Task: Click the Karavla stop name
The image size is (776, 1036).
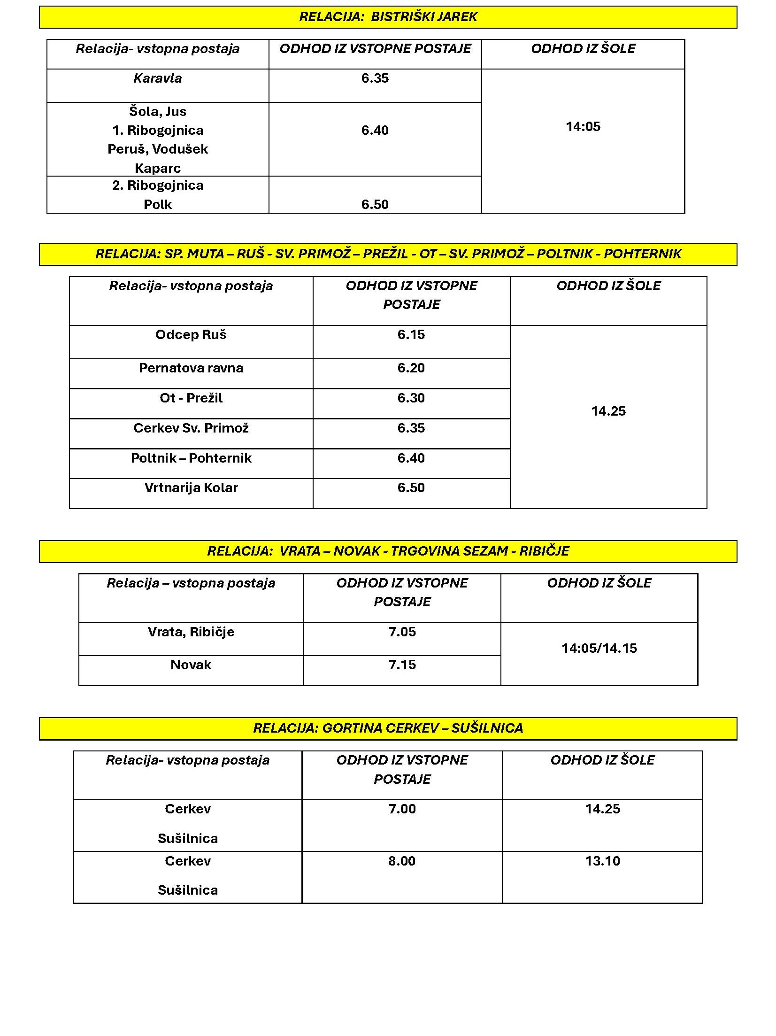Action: tap(157, 78)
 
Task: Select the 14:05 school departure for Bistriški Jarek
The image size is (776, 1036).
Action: tap(583, 127)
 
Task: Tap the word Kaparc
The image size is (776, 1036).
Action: tap(157, 168)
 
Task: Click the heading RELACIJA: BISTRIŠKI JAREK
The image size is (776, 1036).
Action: tap(388, 17)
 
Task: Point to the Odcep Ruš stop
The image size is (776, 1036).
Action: tap(191, 335)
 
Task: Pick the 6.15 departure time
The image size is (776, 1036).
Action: tap(411, 335)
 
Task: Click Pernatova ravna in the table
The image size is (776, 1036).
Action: tap(191, 368)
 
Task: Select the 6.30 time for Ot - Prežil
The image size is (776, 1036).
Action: tap(411, 398)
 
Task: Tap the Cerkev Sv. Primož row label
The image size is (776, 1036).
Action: tap(191, 428)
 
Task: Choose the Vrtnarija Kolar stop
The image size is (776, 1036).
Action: tap(191, 488)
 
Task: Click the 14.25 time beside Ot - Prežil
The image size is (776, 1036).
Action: tap(608, 411)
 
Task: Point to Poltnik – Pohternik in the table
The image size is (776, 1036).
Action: tap(191, 458)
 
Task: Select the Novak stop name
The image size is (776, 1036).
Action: tap(191, 665)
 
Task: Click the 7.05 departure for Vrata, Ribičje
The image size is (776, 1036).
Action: tap(402, 632)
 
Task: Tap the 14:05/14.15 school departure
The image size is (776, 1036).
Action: tap(599, 649)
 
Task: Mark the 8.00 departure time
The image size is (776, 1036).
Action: tap(401, 861)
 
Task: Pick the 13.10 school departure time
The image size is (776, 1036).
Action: tap(602, 861)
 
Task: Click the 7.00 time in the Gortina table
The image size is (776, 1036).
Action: tap(402, 809)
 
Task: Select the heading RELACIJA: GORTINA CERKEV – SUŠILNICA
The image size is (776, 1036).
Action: tap(388, 728)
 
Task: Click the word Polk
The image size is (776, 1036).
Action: tap(157, 205)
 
